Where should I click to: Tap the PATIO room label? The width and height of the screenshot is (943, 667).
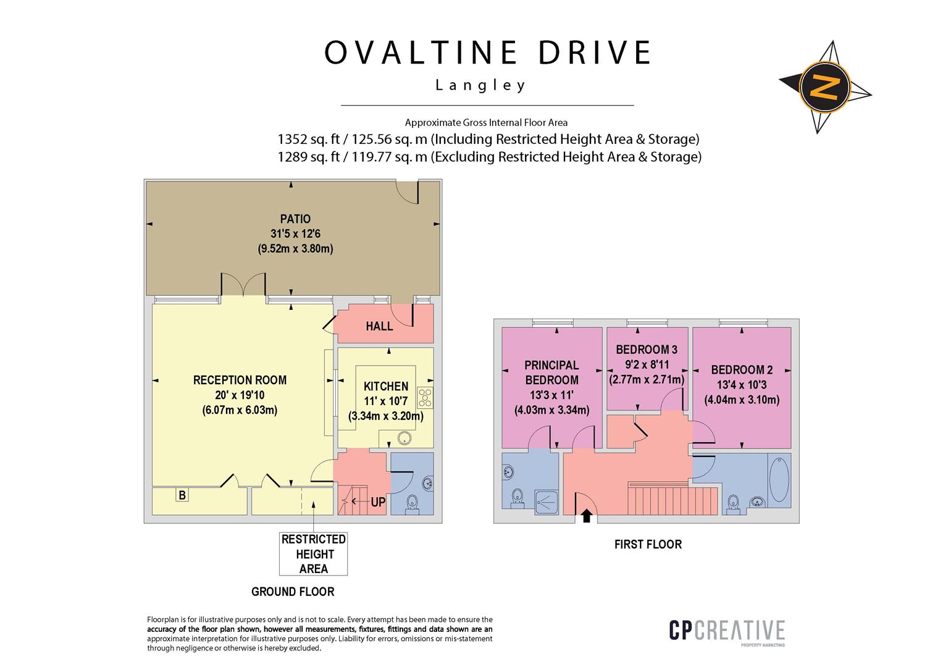pyautogui.click(x=295, y=219)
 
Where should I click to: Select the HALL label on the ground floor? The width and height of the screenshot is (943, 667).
pyautogui.click(x=379, y=326)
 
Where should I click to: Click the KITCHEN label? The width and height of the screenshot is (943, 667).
pyautogui.click(x=386, y=387)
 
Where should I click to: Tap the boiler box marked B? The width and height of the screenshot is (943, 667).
pyautogui.click(x=182, y=495)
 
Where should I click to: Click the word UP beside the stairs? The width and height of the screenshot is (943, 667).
pyautogui.click(x=378, y=503)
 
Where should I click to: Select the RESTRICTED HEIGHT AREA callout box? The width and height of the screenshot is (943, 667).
pyautogui.click(x=314, y=554)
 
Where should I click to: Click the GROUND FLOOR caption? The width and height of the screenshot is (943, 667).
pyautogui.click(x=293, y=592)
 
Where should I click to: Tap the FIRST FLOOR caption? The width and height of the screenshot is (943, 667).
pyautogui.click(x=648, y=544)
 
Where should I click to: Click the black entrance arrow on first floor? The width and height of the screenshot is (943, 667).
pyautogui.click(x=586, y=514)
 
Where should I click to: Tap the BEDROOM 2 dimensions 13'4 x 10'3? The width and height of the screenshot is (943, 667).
pyautogui.click(x=742, y=385)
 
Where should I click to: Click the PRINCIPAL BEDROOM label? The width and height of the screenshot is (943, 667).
pyautogui.click(x=551, y=372)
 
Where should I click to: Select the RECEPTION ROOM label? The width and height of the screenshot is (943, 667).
pyautogui.click(x=240, y=380)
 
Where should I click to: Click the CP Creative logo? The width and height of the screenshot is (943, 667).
pyautogui.click(x=727, y=631)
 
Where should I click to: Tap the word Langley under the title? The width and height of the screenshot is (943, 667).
pyautogui.click(x=481, y=85)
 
